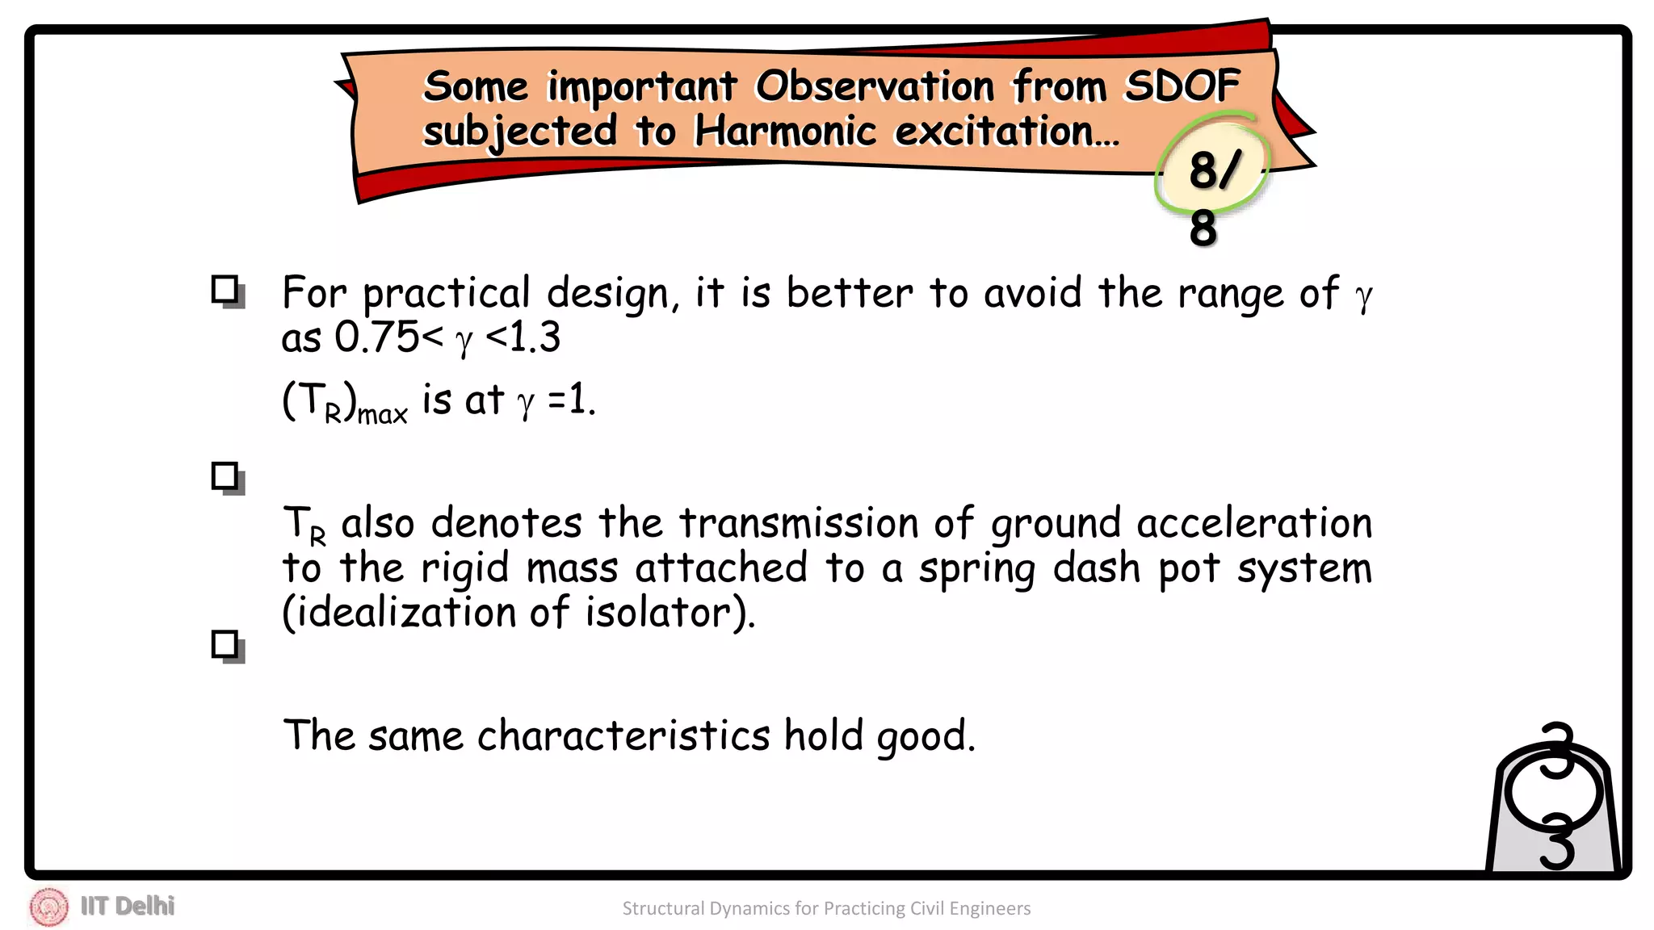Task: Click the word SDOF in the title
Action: point(1182,86)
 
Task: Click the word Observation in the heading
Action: point(875,86)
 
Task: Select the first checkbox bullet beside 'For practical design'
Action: point(226,291)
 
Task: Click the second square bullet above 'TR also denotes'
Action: point(226,477)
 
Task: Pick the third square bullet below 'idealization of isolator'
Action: point(226,646)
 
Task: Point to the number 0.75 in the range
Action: point(376,337)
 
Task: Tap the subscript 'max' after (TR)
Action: point(382,415)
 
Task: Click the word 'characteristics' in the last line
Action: point(623,735)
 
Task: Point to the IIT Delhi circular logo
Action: point(49,907)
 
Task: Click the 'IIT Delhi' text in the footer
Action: point(128,906)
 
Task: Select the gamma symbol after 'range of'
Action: point(1363,295)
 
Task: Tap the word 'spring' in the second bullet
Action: point(976,569)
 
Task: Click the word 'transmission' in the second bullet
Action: point(798,523)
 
